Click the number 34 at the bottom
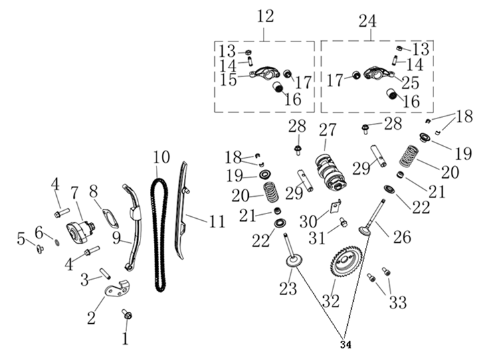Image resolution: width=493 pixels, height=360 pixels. pos(345,344)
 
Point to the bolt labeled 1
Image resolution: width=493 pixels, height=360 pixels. pos(127,313)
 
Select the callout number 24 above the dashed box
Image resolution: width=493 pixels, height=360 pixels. pos(367,21)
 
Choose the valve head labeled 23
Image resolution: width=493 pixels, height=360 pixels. pos(292,262)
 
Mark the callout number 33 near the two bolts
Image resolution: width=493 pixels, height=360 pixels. pos(397,302)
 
